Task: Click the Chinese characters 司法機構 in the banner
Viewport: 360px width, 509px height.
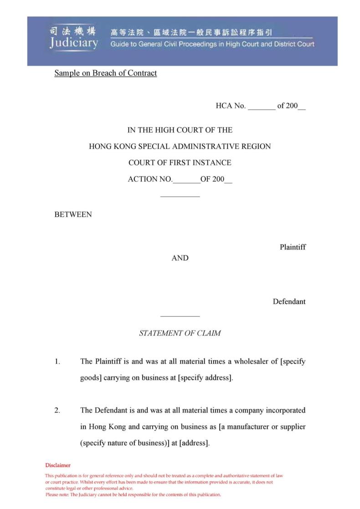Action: point(73,31)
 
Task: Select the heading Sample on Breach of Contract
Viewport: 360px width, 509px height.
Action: point(105,73)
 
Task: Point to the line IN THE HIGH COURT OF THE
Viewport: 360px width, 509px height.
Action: point(180,130)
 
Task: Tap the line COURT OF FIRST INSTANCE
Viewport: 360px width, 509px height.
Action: point(180,163)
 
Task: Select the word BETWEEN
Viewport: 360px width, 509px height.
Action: point(73,214)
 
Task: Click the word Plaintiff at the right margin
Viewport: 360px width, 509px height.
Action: point(293,247)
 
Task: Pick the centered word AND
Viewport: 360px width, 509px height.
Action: point(180,258)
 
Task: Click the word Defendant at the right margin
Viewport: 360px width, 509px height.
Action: point(289,301)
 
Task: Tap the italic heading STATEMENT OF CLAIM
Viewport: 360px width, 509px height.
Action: point(180,333)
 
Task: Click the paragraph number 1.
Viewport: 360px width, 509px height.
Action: point(57,361)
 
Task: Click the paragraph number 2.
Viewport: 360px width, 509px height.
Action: point(57,410)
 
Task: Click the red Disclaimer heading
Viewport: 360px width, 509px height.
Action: point(58,465)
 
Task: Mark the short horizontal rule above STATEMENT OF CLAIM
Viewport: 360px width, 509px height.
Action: point(180,316)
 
